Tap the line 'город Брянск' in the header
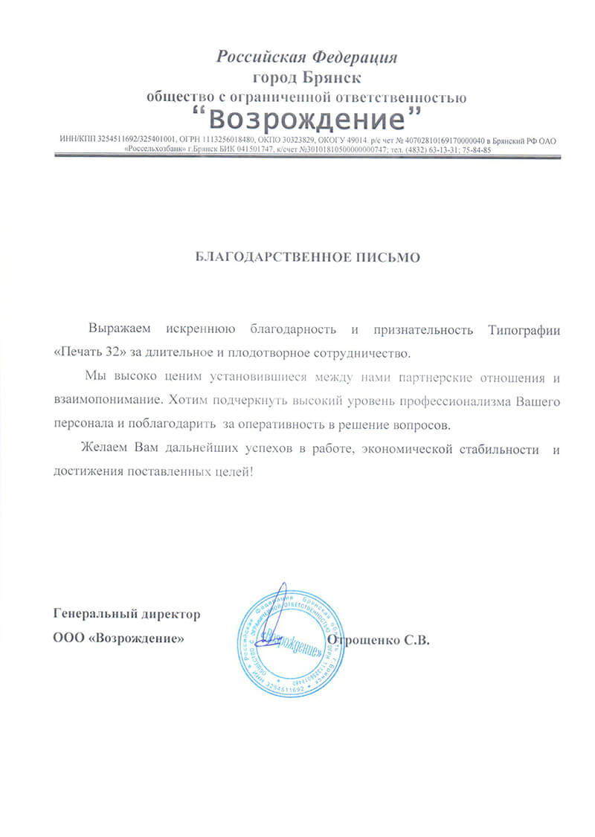tap(306, 77)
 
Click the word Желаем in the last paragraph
tap(104, 449)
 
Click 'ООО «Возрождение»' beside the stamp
tap(118, 638)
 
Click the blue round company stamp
tap(286, 639)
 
